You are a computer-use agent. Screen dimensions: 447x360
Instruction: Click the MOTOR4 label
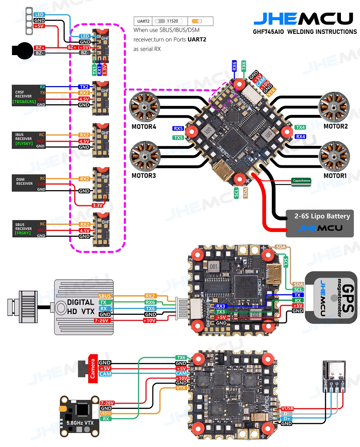[x=144, y=127]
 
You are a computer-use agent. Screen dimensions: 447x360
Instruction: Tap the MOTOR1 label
[x=335, y=176]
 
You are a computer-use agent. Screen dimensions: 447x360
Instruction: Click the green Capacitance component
[x=301, y=181]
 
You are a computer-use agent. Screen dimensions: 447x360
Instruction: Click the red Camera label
[x=93, y=368]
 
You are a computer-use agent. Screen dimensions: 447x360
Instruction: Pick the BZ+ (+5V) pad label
[x=79, y=48]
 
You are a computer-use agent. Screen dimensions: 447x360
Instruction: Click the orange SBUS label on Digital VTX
[x=105, y=296]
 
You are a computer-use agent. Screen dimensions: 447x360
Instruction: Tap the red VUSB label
[x=287, y=408]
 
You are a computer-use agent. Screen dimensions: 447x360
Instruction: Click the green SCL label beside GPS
[x=298, y=290]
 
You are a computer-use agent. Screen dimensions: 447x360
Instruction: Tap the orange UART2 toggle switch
[x=197, y=21]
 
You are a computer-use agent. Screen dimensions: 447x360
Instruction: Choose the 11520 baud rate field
[x=174, y=21]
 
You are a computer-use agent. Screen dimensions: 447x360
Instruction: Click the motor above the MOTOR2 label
[x=334, y=107]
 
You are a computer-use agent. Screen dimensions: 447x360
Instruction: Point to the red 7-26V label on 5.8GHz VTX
[x=107, y=403]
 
